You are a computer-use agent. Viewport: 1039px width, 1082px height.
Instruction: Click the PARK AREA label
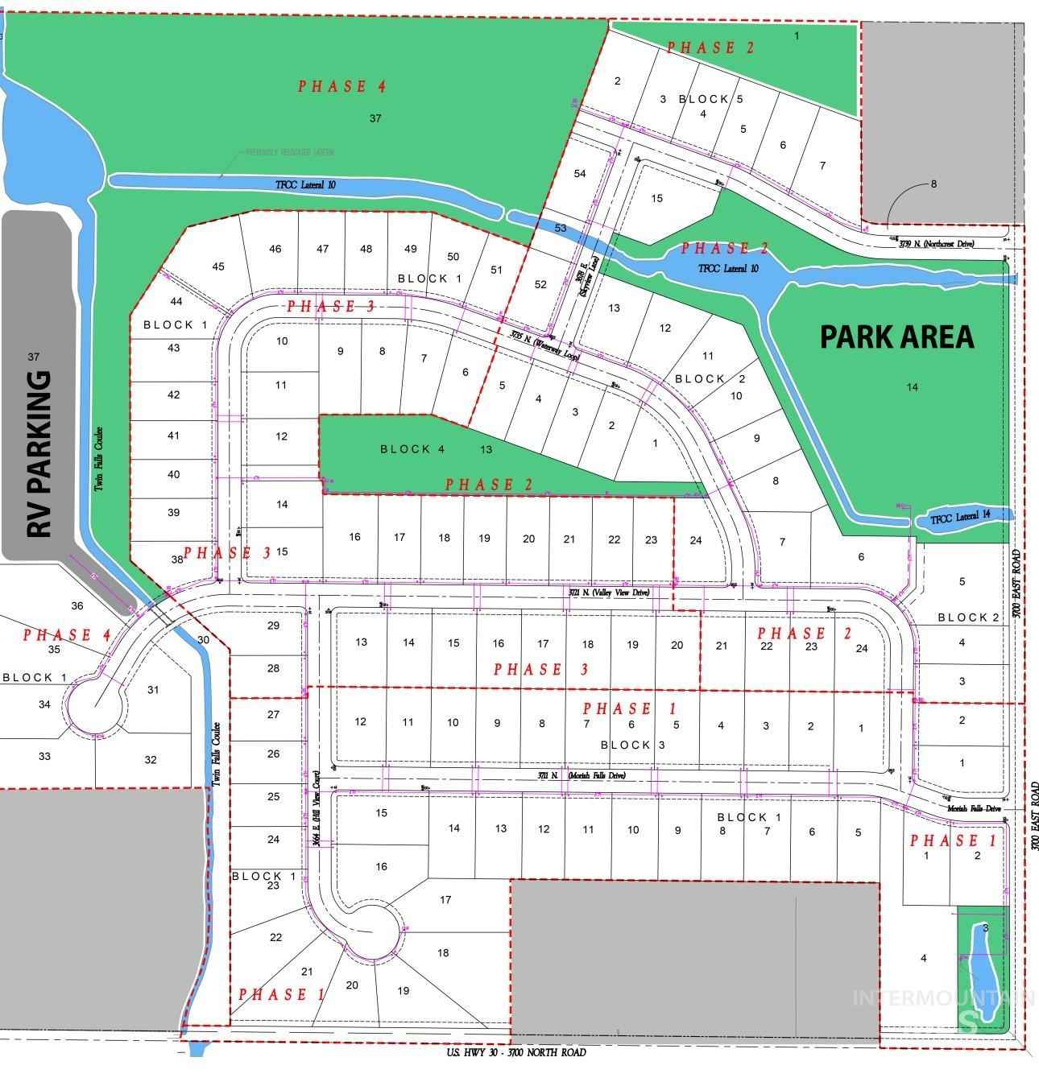(x=896, y=337)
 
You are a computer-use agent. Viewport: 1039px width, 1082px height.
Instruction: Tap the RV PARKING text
(x=39, y=454)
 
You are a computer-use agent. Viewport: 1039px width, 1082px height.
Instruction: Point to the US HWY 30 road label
(x=516, y=1052)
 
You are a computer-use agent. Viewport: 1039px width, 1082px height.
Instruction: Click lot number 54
(x=580, y=174)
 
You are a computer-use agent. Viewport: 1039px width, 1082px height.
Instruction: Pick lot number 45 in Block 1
(x=218, y=266)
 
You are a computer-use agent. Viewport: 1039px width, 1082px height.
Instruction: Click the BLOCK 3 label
(x=632, y=745)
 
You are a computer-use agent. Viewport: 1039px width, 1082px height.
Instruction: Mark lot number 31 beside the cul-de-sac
(x=153, y=690)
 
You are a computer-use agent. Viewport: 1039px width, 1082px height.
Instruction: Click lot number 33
(x=44, y=756)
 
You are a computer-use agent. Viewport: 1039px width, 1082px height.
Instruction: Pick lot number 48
(x=366, y=249)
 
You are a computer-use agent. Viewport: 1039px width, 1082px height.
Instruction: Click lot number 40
(x=173, y=475)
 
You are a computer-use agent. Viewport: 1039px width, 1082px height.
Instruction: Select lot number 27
(x=273, y=715)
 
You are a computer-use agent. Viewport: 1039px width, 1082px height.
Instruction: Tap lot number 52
(x=540, y=284)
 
